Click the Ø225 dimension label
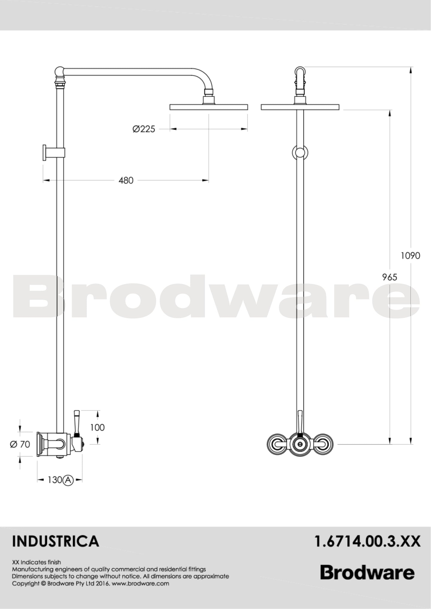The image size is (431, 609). pyautogui.click(x=144, y=129)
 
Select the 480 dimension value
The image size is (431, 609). pyautogui.click(x=126, y=180)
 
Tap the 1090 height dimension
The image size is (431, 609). pyautogui.click(x=410, y=256)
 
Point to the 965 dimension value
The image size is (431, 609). pyautogui.click(x=390, y=277)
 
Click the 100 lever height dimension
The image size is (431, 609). pyautogui.click(x=98, y=427)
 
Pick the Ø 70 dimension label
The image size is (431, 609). pyautogui.click(x=20, y=444)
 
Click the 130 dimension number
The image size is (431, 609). pyautogui.click(x=54, y=480)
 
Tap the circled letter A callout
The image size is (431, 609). pyautogui.click(x=68, y=480)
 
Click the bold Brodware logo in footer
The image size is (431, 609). pyautogui.click(x=367, y=573)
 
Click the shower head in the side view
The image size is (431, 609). pyautogui.click(x=209, y=107)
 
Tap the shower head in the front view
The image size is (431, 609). pyautogui.click(x=300, y=107)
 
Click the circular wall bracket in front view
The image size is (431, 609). pyautogui.click(x=300, y=153)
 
